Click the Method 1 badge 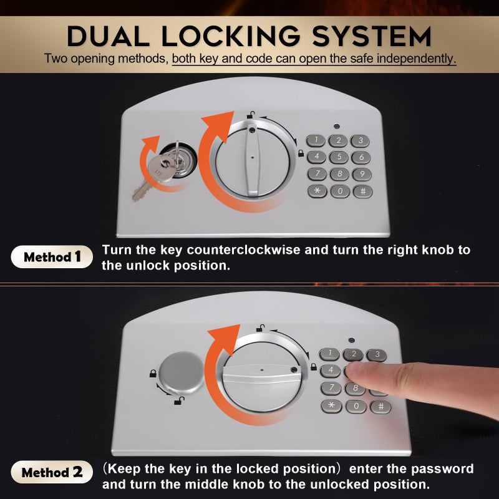(x=52, y=256)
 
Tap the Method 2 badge (x=52, y=472)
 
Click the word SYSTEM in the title (x=371, y=36)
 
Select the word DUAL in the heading (x=108, y=36)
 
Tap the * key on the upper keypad (x=317, y=191)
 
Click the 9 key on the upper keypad (x=362, y=175)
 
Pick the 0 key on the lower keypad (x=356, y=407)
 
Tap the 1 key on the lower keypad (x=329, y=354)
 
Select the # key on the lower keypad (x=380, y=407)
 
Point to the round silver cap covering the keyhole (x=181, y=372)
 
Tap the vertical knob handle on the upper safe (x=253, y=160)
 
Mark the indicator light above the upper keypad (x=337, y=127)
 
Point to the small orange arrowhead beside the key (x=151, y=142)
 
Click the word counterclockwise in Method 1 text (x=243, y=250)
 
